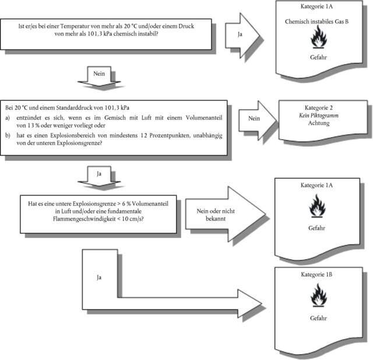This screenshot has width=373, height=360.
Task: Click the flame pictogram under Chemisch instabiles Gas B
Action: pyautogui.click(x=318, y=39)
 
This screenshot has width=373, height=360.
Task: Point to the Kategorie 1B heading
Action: pyautogui.click(x=318, y=274)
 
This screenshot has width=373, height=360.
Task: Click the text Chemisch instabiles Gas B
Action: pyautogui.click(x=318, y=21)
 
